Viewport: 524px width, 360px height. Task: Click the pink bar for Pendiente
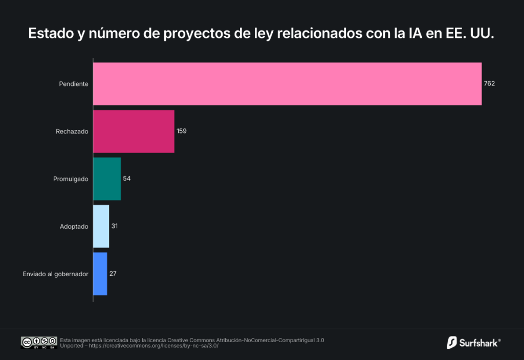click(x=287, y=84)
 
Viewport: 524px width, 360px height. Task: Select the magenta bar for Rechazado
click(x=134, y=131)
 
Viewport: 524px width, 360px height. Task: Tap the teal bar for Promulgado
click(x=107, y=179)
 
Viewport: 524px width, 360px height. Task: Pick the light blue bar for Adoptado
click(x=101, y=226)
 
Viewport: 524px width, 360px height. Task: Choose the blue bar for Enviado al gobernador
click(x=100, y=274)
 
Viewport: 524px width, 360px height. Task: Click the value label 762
click(x=489, y=84)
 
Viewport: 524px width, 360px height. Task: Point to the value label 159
click(x=182, y=131)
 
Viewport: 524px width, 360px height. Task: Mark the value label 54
click(x=127, y=178)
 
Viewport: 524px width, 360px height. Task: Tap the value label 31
click(x=115, y=226)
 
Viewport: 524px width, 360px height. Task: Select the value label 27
click(x=113, y=274)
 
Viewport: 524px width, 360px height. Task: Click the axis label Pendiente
click(x=74, y=84)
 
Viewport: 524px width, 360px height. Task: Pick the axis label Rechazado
click(x=72, y=131)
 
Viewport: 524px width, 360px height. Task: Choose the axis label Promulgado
click(x=71, y=179)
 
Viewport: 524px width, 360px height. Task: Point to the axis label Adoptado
click(x=74, y=226)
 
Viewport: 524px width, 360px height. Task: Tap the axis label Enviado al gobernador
click(x=56, y=274)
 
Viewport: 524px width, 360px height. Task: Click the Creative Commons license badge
click(x=38, y=343)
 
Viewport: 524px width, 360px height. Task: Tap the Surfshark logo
click(x=473, y=342)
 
